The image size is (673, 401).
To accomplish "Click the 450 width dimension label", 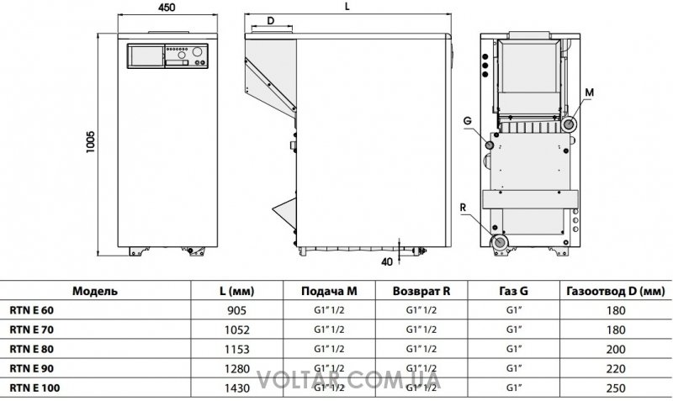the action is [x=167, y=8].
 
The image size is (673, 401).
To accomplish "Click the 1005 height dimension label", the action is [x=90, y=142].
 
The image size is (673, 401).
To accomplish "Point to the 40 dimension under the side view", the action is [x=387, y=261].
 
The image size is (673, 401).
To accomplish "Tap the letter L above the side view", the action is [x=347, y=7].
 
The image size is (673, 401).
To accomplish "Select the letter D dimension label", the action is [x=270, y=20].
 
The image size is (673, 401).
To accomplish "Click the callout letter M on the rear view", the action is [x=590, y=92].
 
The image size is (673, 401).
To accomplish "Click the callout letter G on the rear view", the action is [x=468, y=121].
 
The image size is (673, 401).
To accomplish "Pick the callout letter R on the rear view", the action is [x=463, y=208].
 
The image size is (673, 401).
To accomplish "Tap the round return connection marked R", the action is [x=500, y=242].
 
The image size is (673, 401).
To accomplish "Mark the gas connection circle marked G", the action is [x=490, y=145].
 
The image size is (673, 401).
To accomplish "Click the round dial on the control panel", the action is [x=198, y=51].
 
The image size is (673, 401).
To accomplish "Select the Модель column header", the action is [x=95, y=291].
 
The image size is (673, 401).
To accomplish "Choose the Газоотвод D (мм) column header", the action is [x=616, y=292].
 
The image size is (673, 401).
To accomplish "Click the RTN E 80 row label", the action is [x=32, y=349].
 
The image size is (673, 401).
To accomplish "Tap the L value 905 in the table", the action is [x=237, y=310].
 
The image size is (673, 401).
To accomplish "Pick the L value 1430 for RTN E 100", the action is [x=237, y=388].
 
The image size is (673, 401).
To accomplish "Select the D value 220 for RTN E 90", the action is [x=616, y=369].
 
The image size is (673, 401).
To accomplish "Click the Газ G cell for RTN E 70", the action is [x=514, y=330].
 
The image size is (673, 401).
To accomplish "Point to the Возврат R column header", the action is [x=421, y=291].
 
